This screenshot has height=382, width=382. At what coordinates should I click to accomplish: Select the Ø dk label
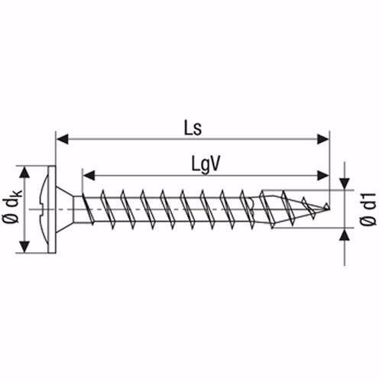click(x=13, y=207)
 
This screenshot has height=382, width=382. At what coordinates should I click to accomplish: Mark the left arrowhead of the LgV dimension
click(x=87, y=175)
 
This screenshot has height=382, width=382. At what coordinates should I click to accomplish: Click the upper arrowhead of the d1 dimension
click(x=345, y=183)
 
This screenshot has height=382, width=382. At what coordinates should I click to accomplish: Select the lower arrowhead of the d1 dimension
click(x=345, y=233)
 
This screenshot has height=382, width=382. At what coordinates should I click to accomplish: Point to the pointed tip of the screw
click(x=329, y=207)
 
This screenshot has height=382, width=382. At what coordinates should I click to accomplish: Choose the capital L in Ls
click(x=188, y=126)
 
